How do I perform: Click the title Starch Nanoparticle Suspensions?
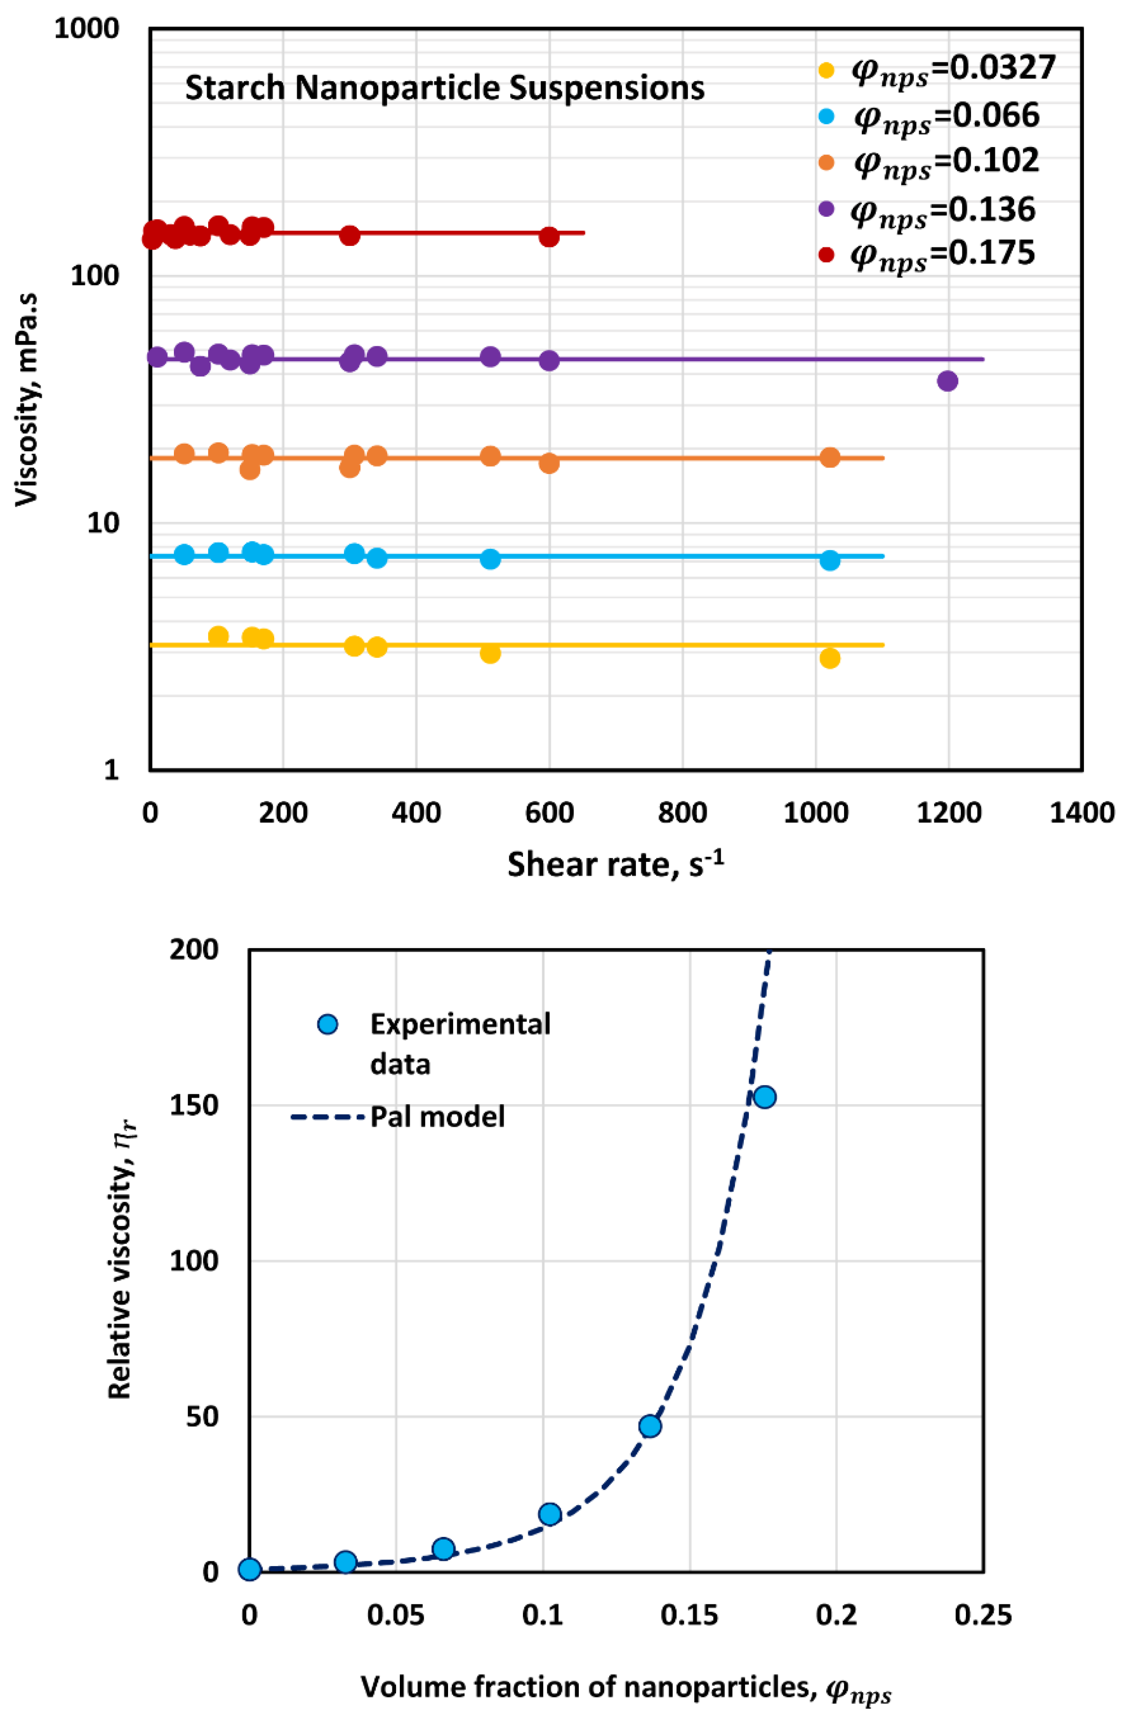[444, 88]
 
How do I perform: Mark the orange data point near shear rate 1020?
[830, 457]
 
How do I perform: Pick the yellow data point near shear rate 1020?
[830, 658]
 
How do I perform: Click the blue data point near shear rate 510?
[490, 558]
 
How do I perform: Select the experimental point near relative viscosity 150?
[764, 1097]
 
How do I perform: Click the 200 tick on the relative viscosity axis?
[193, 949]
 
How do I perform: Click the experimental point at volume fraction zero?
[250, 1569]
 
